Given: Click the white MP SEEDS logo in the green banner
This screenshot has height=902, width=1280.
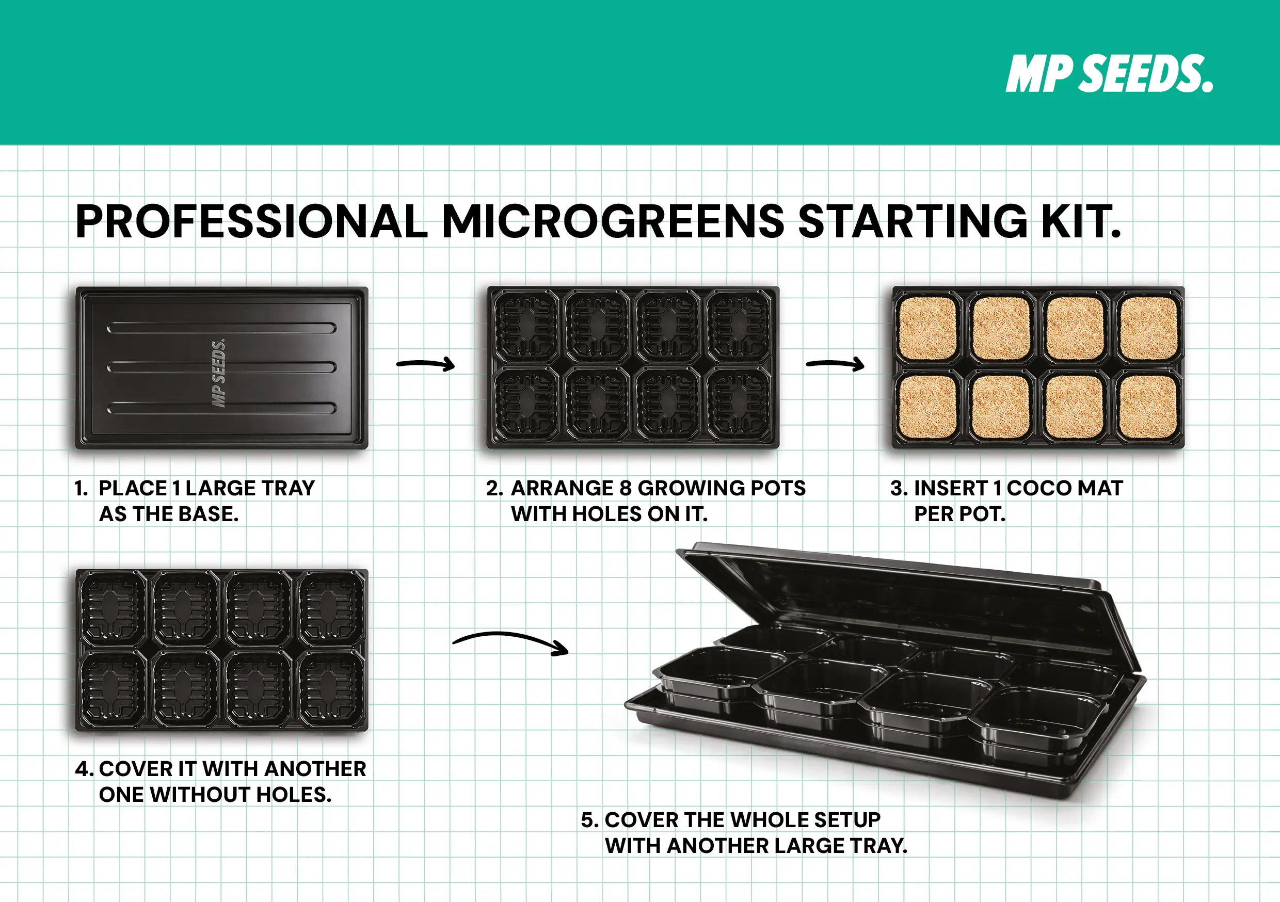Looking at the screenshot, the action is (1109, 74).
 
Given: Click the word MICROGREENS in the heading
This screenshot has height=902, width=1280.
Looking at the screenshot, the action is (613, 221).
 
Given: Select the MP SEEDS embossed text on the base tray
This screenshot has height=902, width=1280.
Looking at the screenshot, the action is (218, 373).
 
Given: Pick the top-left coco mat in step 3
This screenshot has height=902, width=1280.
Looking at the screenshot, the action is (928, 328).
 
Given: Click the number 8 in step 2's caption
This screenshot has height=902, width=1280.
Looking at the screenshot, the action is (626, 488).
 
